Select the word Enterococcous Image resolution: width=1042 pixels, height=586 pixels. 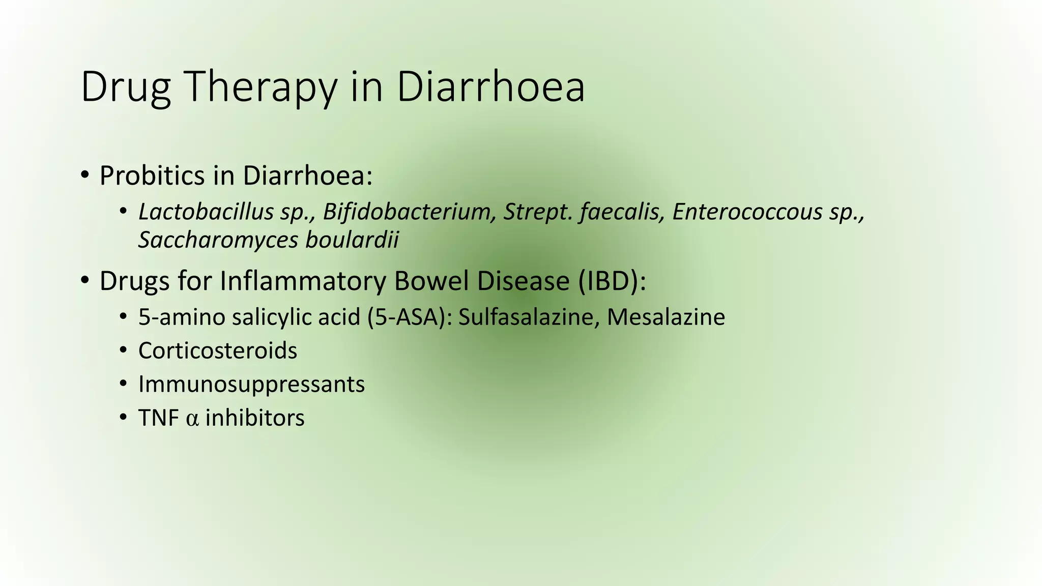point(747,212)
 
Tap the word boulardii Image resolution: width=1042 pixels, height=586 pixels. point(352,240)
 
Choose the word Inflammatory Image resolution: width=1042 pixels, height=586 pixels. point(303,281)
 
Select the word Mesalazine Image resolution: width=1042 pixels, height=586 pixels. point(666,317)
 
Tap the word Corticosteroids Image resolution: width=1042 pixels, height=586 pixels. point(218,351)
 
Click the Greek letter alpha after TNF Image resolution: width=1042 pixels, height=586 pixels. point(192,419)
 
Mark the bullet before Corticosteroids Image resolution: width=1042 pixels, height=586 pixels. point(123,351)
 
